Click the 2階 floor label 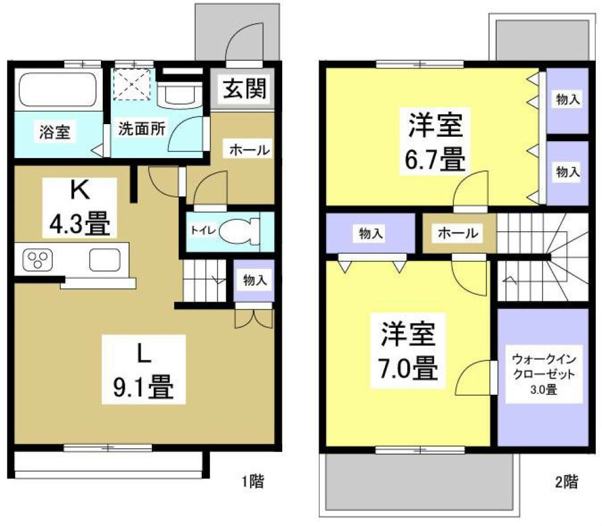click(566, 481)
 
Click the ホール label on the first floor click(249, 150)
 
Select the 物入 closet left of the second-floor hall click(371, 234)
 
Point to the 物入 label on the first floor click(255, 280)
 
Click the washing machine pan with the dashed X click(132, 83)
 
